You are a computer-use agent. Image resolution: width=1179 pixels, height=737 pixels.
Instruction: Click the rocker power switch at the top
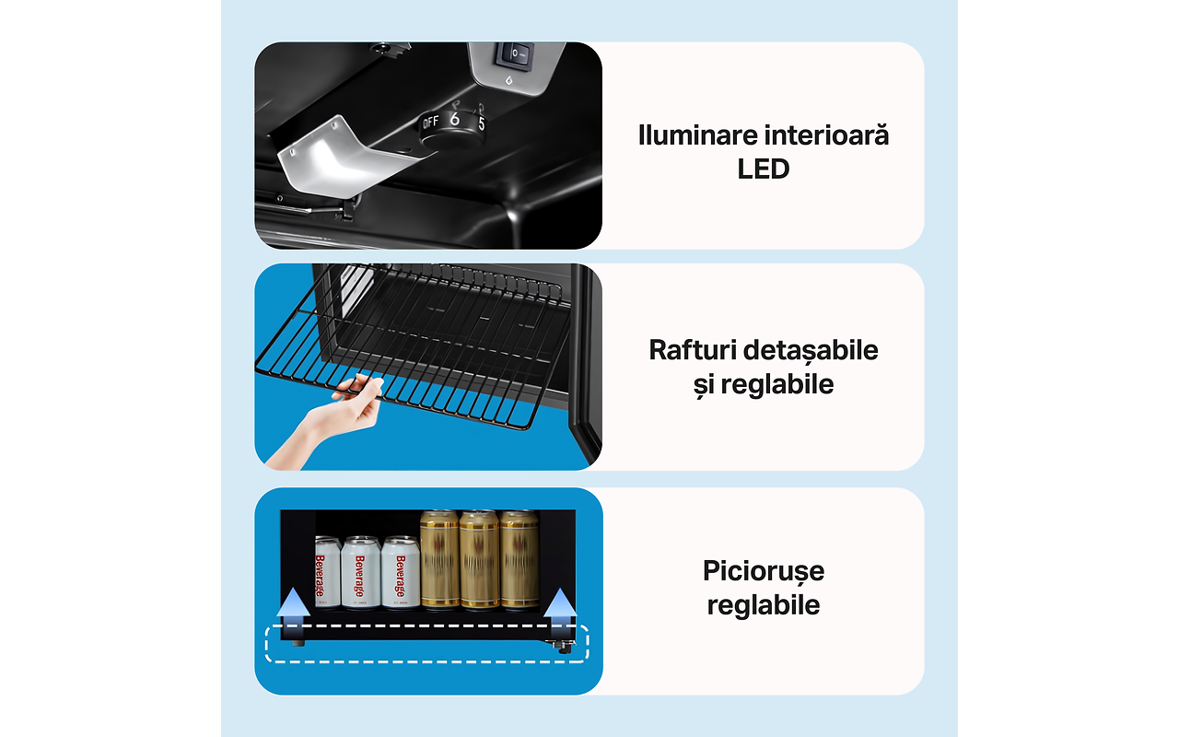(x=515, y=54)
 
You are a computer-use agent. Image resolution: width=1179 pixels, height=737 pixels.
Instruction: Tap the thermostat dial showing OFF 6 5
(x=452, y=128)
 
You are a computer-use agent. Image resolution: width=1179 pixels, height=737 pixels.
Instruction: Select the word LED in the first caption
(x=764, y=170)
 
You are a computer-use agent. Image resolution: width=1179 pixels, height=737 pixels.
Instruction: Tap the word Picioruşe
(x=764, y=572)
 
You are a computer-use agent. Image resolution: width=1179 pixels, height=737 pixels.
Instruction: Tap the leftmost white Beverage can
(x=327, y=572)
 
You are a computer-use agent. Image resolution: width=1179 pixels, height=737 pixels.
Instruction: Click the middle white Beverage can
(x=360, y=572)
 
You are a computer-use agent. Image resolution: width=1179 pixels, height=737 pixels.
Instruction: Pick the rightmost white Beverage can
(x=400, y=572)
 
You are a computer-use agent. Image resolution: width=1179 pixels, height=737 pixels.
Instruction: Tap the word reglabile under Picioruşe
(x=764, y=605)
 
